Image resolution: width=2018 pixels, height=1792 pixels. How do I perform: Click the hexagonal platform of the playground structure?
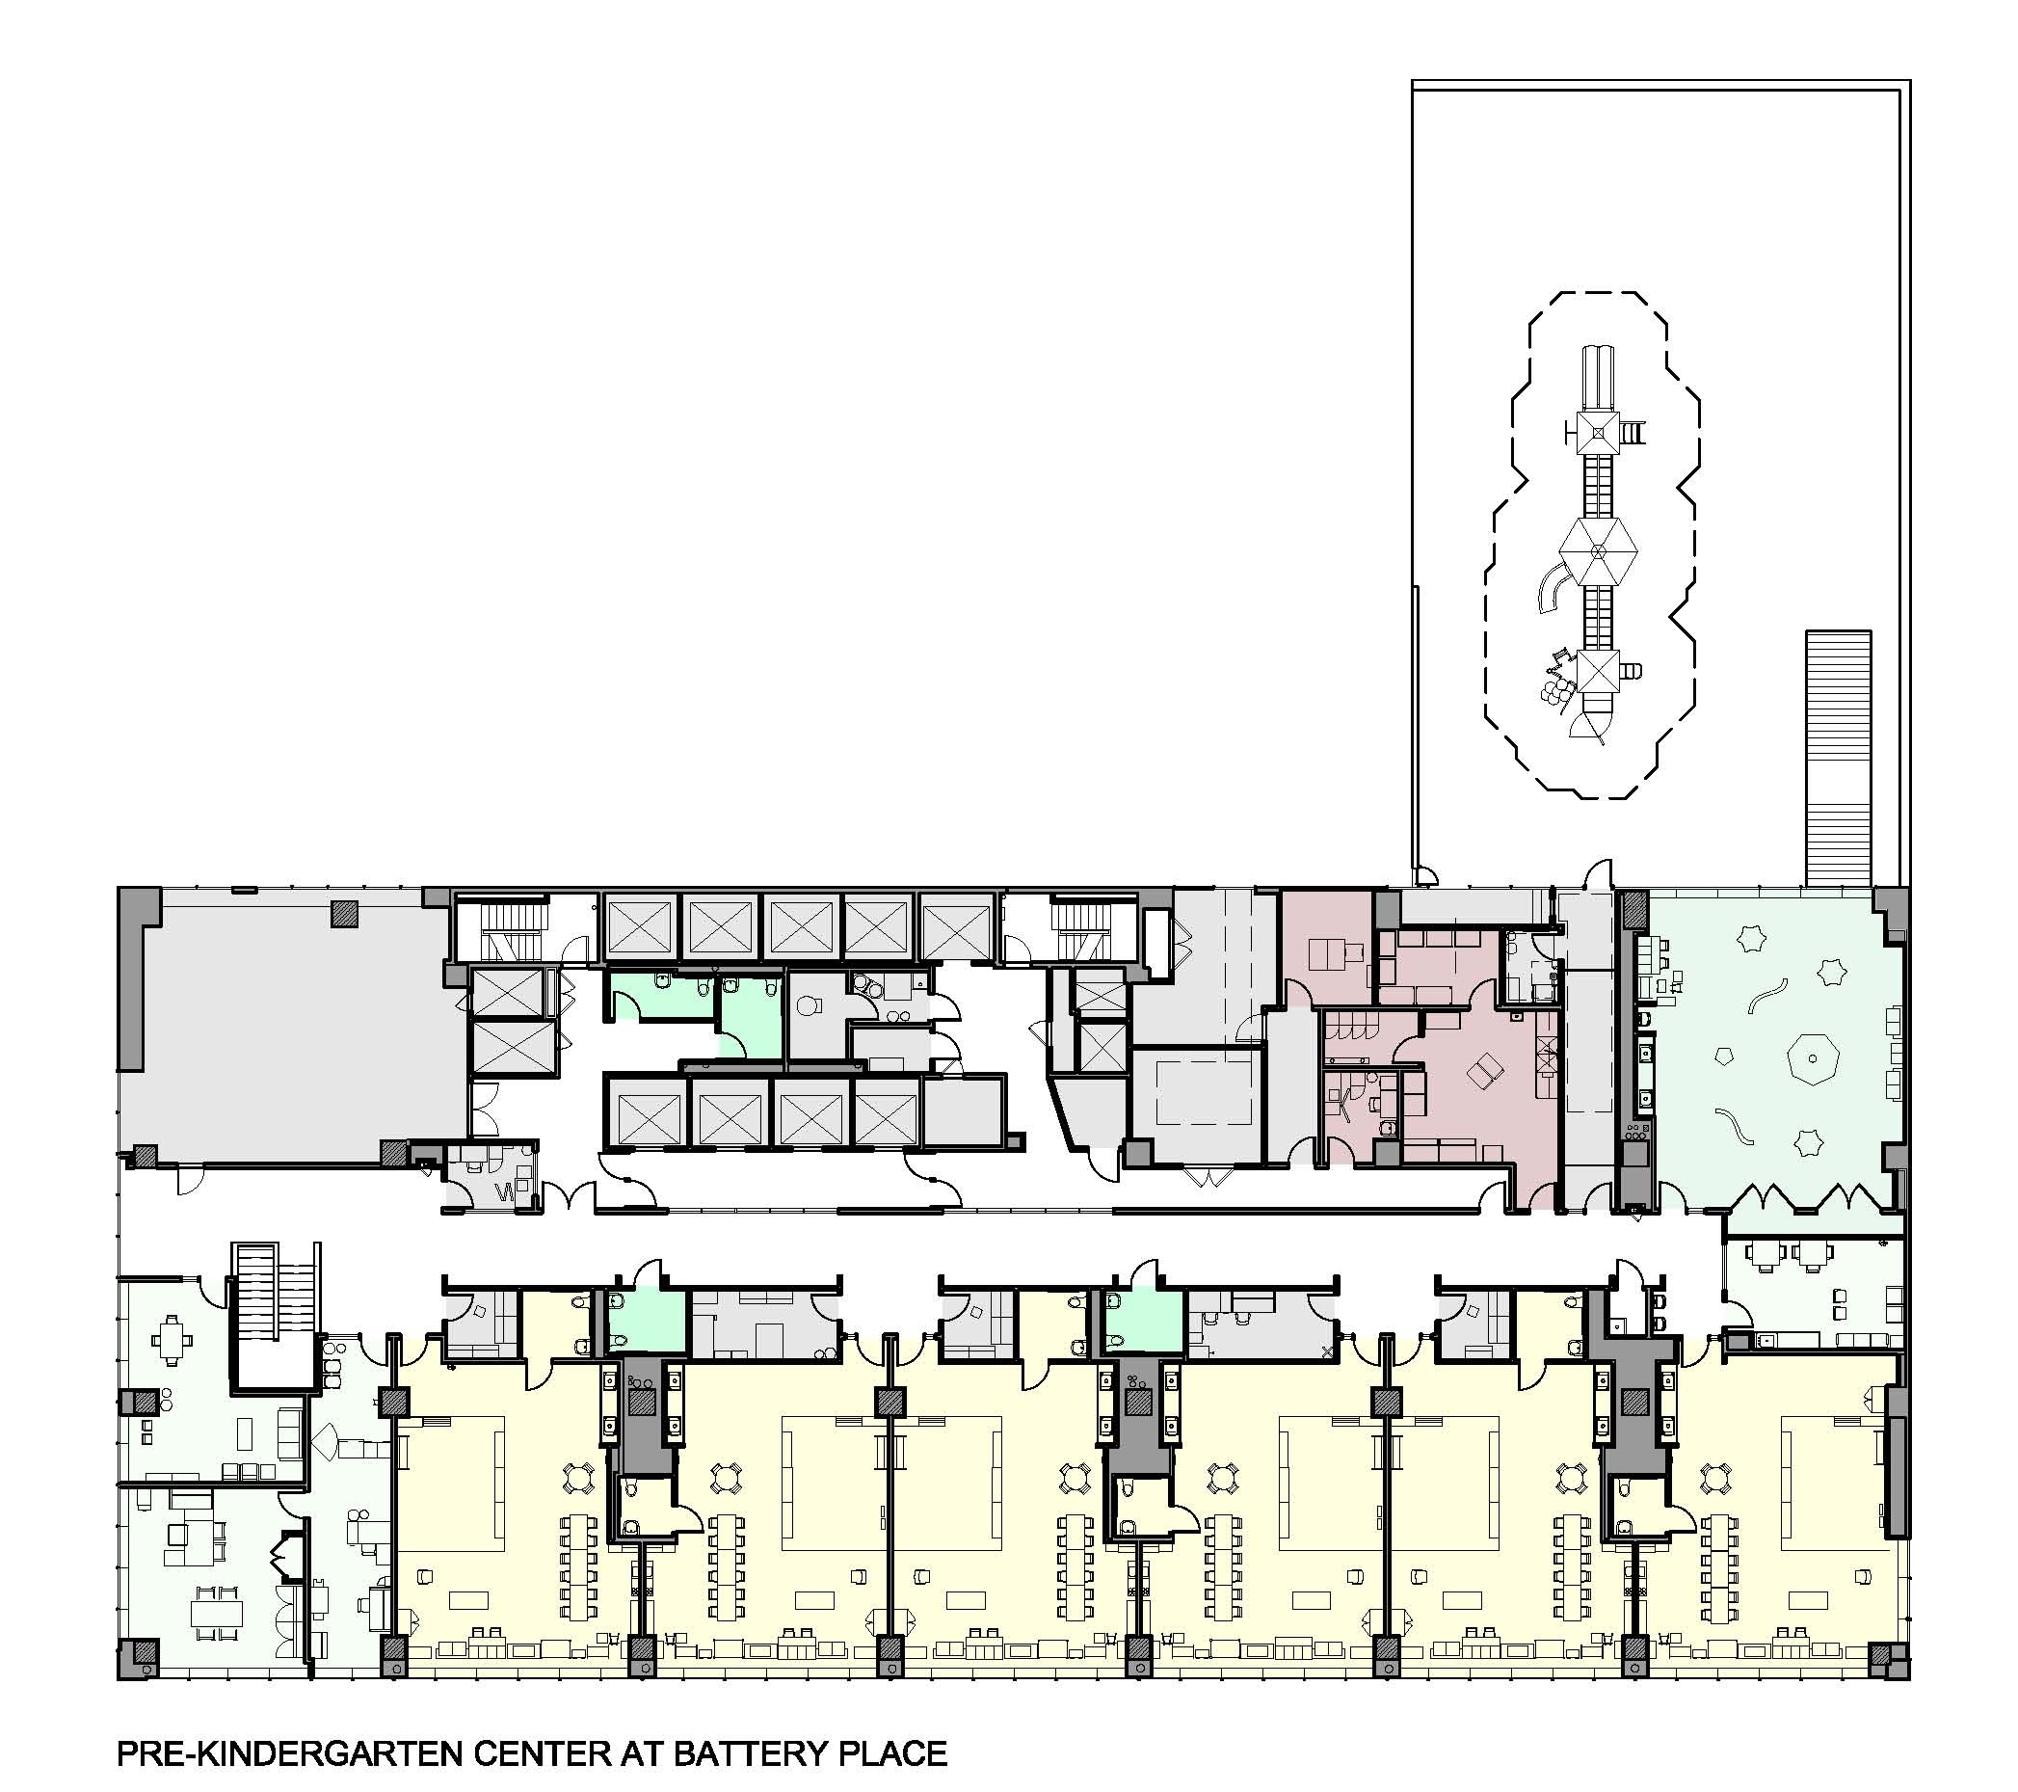point(1599,553)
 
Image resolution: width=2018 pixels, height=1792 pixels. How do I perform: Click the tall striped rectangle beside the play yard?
point(1839,759)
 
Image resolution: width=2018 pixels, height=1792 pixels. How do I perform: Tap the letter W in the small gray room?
point(503,1192)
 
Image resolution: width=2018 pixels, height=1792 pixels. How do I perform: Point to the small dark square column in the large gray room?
point(345,912)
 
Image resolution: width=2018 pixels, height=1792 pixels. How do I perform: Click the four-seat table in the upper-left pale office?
point(172,1340)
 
